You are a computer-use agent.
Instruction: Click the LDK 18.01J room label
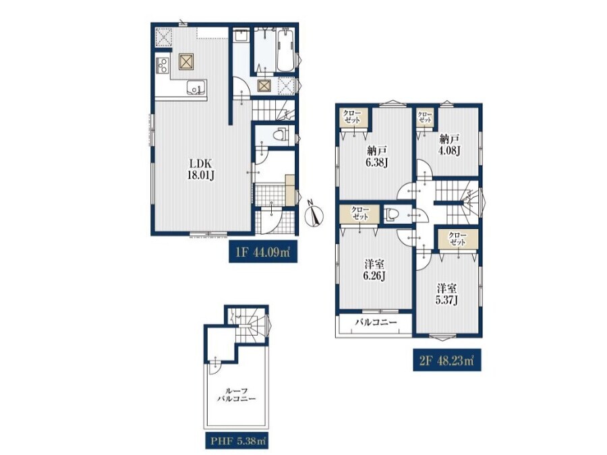200,169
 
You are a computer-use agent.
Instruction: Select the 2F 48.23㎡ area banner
446,360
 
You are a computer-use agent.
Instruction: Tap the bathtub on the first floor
286,51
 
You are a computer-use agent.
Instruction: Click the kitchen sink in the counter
197,87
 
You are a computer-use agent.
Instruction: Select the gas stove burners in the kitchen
162,65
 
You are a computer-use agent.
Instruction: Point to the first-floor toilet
279,135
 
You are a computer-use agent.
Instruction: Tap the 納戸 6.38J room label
376,156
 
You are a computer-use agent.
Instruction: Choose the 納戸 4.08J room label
449,144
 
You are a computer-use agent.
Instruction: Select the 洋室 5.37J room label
446,294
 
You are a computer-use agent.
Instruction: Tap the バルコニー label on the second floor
376,322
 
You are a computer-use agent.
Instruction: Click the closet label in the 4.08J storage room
425,117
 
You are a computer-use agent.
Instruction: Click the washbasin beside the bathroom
242,37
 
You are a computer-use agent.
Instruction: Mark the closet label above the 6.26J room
360,214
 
